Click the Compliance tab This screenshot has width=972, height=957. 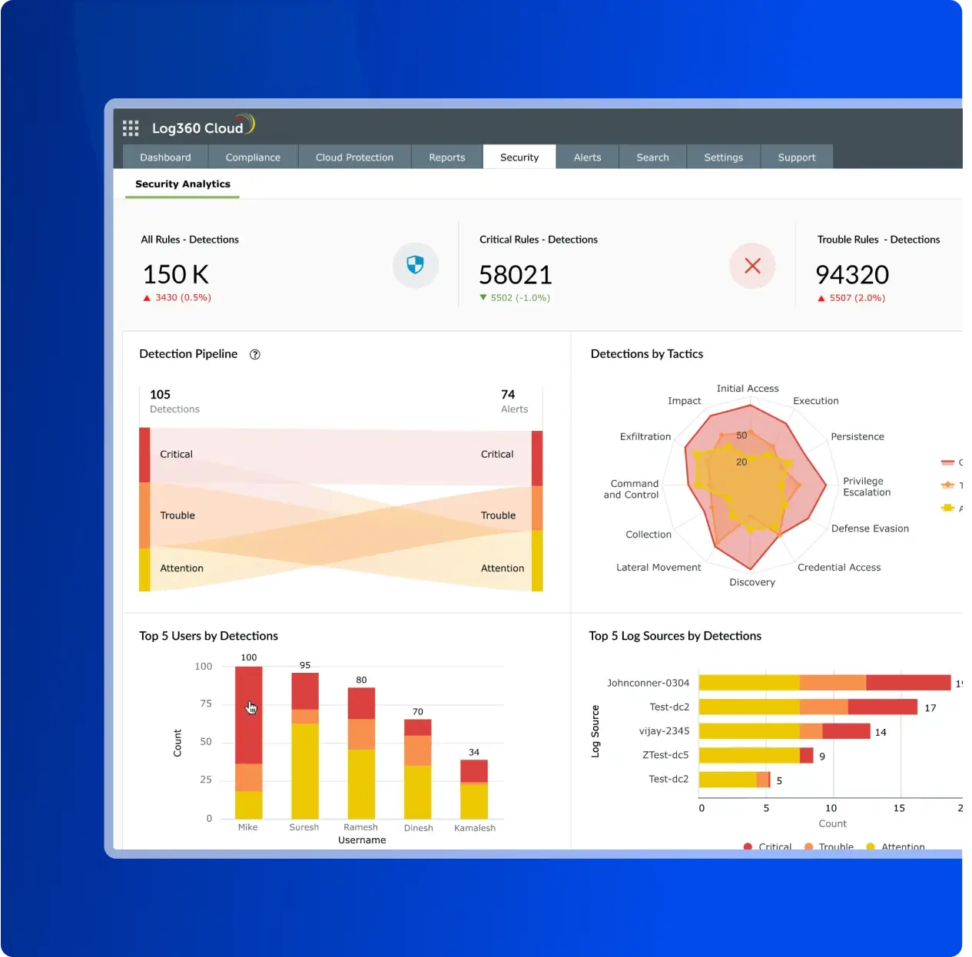[x=253, y=157]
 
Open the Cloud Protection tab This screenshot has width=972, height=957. [x=354, y=157]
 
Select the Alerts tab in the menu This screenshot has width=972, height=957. [x=587, y=157]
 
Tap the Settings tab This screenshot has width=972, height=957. [x=723, y=157]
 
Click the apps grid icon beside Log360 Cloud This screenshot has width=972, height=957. [x=131, y=128]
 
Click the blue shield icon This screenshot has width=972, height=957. [x=415, y=265]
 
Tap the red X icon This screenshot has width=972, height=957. [x=752, y=266]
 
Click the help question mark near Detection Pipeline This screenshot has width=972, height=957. [x=255, y=354]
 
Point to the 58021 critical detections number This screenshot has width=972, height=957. [x=515, y=274]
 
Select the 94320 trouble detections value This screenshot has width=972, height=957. [x=851, y=274]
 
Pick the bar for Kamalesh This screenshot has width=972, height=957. [x=474, y=789]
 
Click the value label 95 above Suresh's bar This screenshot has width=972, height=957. [x=305, y=665]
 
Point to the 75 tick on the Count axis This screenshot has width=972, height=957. [x=205, y=704]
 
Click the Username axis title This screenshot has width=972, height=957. [x=362, y=840]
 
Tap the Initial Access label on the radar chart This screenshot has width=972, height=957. [x=747, y=389]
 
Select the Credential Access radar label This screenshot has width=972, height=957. [x=838, y=568]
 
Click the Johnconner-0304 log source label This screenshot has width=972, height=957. [x=648, y=683]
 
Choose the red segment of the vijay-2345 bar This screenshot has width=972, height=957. [x=846, y=731]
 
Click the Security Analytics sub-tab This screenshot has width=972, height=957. [x=183, y=184]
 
